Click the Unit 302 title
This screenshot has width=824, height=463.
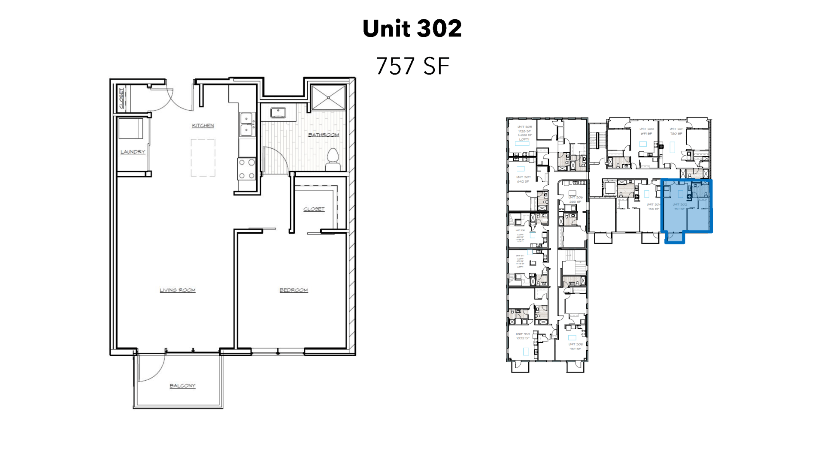pyautogui.click(x=412, y=29)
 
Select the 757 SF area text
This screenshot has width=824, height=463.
pyautogui.click(x=412, y=66)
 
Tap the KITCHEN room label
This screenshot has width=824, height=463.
pyautogui.click(x=203, y=126)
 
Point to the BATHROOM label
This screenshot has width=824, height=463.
pyautogui.click(x=324, y=135)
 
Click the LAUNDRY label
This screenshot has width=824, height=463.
pyautogui.click(x=133, y=152)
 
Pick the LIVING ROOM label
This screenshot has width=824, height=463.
pyautogui.click(x=178, y=290)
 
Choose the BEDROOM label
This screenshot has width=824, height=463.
pyautogui.click(x=294, y=290)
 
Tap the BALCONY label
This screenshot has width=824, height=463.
pyautogui.click(x=182, y=386)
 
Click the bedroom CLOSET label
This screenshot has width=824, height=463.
pyautogui.click(x=314, y=209)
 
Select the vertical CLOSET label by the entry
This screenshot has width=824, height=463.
pyautogui.click(x=122, y=98)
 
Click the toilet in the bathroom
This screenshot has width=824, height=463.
pyautogui.click(x=333, y=159)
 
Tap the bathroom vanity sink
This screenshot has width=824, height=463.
pyautogui.click(x=278, y=113)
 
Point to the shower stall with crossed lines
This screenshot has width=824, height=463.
pyautogui.click(x=328, y=98)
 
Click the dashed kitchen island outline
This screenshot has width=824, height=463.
pyautogui.click(x=203, y=158)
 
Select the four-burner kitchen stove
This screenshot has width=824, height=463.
pyautogui.click(x=247, y=169)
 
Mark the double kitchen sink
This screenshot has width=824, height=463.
pyautogui.click(x=247, y=124)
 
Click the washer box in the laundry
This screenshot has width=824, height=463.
pyautogui.click(x=130, y=129)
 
